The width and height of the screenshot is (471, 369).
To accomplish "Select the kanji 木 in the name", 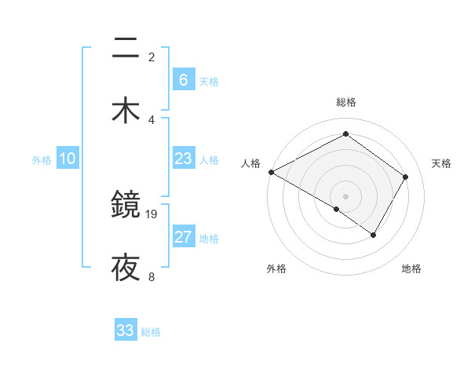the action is [x=126, y=109].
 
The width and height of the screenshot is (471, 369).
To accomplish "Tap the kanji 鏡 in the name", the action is [x=126, y=206].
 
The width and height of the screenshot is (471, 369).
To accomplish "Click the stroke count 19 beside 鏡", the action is [x=152, y=214].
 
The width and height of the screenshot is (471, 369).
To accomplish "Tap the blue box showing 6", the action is [x=183, y=79].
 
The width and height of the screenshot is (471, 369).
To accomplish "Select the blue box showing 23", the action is [x=183, y=159].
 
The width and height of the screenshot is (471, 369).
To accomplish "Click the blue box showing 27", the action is [x=183, y=237].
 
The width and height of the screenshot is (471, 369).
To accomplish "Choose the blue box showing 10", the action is [x=68, y=159].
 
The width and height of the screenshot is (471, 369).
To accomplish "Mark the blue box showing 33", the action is [x=126, y=331].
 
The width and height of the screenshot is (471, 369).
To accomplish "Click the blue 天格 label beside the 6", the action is [x=209, y=81].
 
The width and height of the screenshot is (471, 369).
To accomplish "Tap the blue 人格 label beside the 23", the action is [x=209, y=160].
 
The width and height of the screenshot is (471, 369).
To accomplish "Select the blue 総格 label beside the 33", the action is [x=151, y=332].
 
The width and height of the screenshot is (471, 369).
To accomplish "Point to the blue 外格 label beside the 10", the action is [x=42, y=160].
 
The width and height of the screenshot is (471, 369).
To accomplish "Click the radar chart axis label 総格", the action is [x=345, y=102].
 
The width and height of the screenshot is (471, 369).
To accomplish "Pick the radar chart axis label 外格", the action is [x=276, y=269].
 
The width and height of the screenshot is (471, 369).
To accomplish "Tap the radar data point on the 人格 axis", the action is [x=271, y=171].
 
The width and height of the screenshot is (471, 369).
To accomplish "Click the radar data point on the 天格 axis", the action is [x=405, y=177].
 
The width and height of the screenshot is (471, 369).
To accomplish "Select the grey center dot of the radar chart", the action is [x=345, y=195].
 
